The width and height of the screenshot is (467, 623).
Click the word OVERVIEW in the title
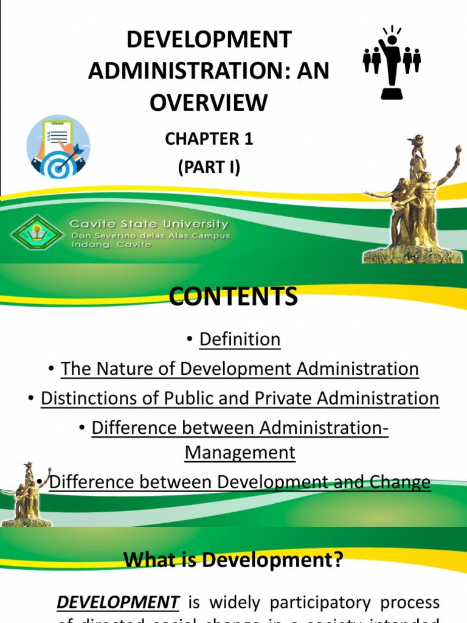coord(209,102)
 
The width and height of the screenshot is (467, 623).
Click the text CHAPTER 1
coord(209,139)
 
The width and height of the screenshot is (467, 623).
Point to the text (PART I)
coord(209,167)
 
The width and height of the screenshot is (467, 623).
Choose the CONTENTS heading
coord(233,297)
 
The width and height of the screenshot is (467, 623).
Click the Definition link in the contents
coord(240,339)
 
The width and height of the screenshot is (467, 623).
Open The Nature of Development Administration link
coord(240,369)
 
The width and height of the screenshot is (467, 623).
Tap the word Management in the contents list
coord(240,452)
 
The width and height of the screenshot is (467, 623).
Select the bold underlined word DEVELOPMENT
coord(118,602)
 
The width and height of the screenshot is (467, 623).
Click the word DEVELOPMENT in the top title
coord(209,40)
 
